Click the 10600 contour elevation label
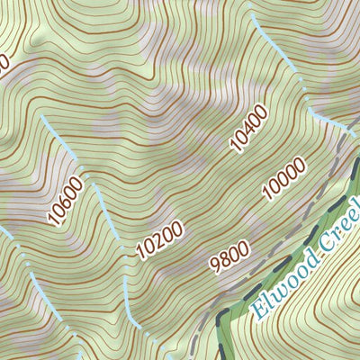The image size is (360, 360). tap(68, 201)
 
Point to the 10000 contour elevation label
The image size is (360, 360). tap(284, 177)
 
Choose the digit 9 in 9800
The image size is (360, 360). tap(212, 267)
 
